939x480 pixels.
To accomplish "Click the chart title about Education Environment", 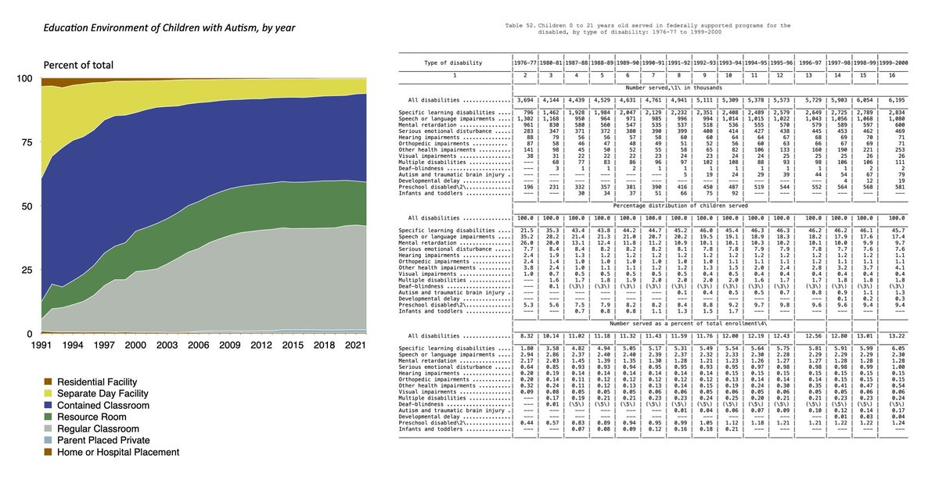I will (x=147, y=28).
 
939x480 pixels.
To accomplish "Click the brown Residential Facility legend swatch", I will (x=49, y=380).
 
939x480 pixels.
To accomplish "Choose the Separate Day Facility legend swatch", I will (x=49, y=393).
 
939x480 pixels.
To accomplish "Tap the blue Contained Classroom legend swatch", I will (x=49, y=407).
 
